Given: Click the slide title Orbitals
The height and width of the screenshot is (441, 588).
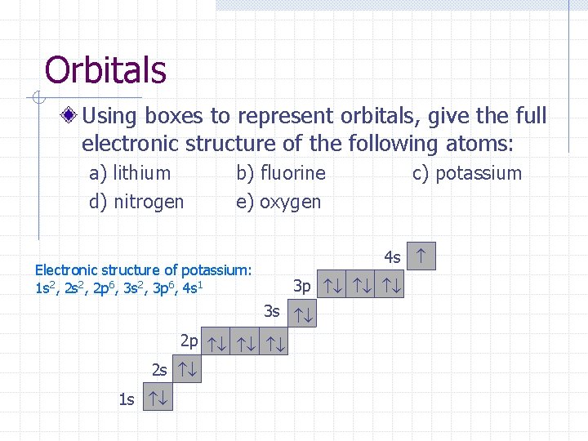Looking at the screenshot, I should (x=105, y=70).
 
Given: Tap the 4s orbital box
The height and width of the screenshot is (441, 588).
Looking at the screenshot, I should (x=421, y=256).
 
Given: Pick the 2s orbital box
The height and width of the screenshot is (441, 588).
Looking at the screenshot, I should (x=188, y=369).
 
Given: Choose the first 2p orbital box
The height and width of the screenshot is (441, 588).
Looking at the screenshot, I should (x=217, y=341).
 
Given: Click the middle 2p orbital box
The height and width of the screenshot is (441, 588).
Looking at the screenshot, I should (x=247, y=341).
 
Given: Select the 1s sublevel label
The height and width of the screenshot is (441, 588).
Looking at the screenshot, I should (x=127, y=399).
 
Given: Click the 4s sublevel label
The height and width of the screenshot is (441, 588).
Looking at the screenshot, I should (x=392, y=257).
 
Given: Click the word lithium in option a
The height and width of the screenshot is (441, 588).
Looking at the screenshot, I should (x=142, y=173).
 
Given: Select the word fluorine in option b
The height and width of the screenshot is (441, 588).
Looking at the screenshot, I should (x=292, y=173).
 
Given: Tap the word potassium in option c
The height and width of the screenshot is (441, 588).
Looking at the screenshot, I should (x=479, y=173).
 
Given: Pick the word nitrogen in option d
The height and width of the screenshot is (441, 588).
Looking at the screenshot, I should (x=149, y=201).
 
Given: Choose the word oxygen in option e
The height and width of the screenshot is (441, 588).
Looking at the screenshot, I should (x=291, y=202).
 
